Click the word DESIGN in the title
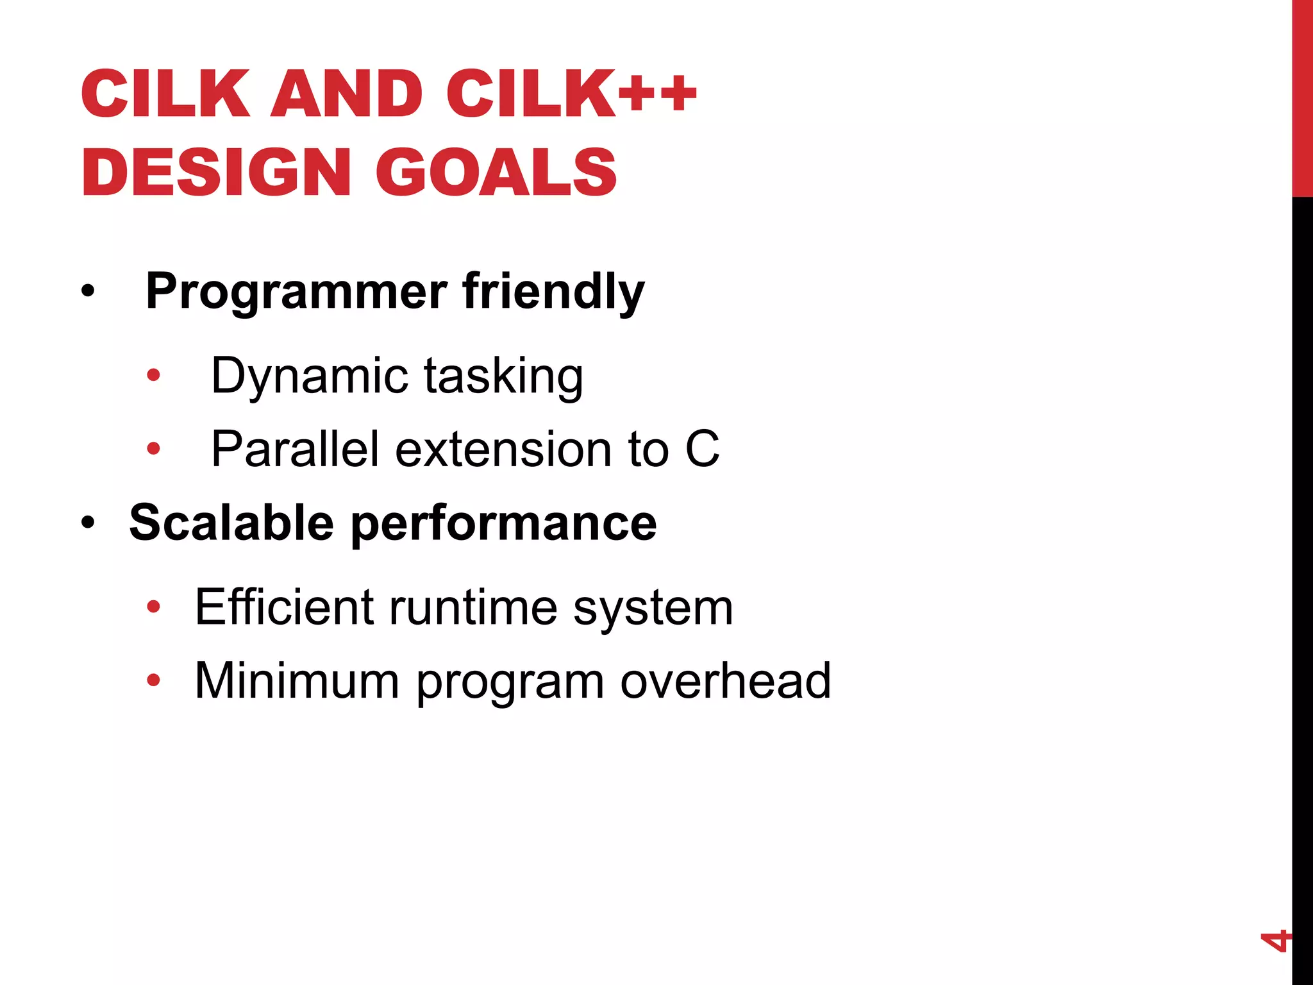pyautogui.click(x=216, y=172)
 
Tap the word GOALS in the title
pyautogui.click(x=496, y=172)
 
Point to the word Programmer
pyautogui.click(x=296, y=292)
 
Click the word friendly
pyautogui.click(x=553, y=292)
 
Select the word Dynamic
pyautogui.click(x=310, y=376)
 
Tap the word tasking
pyautogui.click(x=503, y=376)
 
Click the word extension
pyautogui.click(x=503, y=449)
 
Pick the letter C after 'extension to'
pyautogui.click(x=702, y=449)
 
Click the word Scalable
pyautogui.click(x=231, y=523)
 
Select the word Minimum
pyautogui.click(x=297, y=680)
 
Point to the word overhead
pyautogui.click(x=725, y=680)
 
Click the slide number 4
pyautogui.click(x=1275, y=940)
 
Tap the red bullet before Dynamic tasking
pyautogui.click(x=153, y=375)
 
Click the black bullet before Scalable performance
pyautogui.click(x=88, y=523)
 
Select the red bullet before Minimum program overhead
pyautogui.click(x=153, y=680)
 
